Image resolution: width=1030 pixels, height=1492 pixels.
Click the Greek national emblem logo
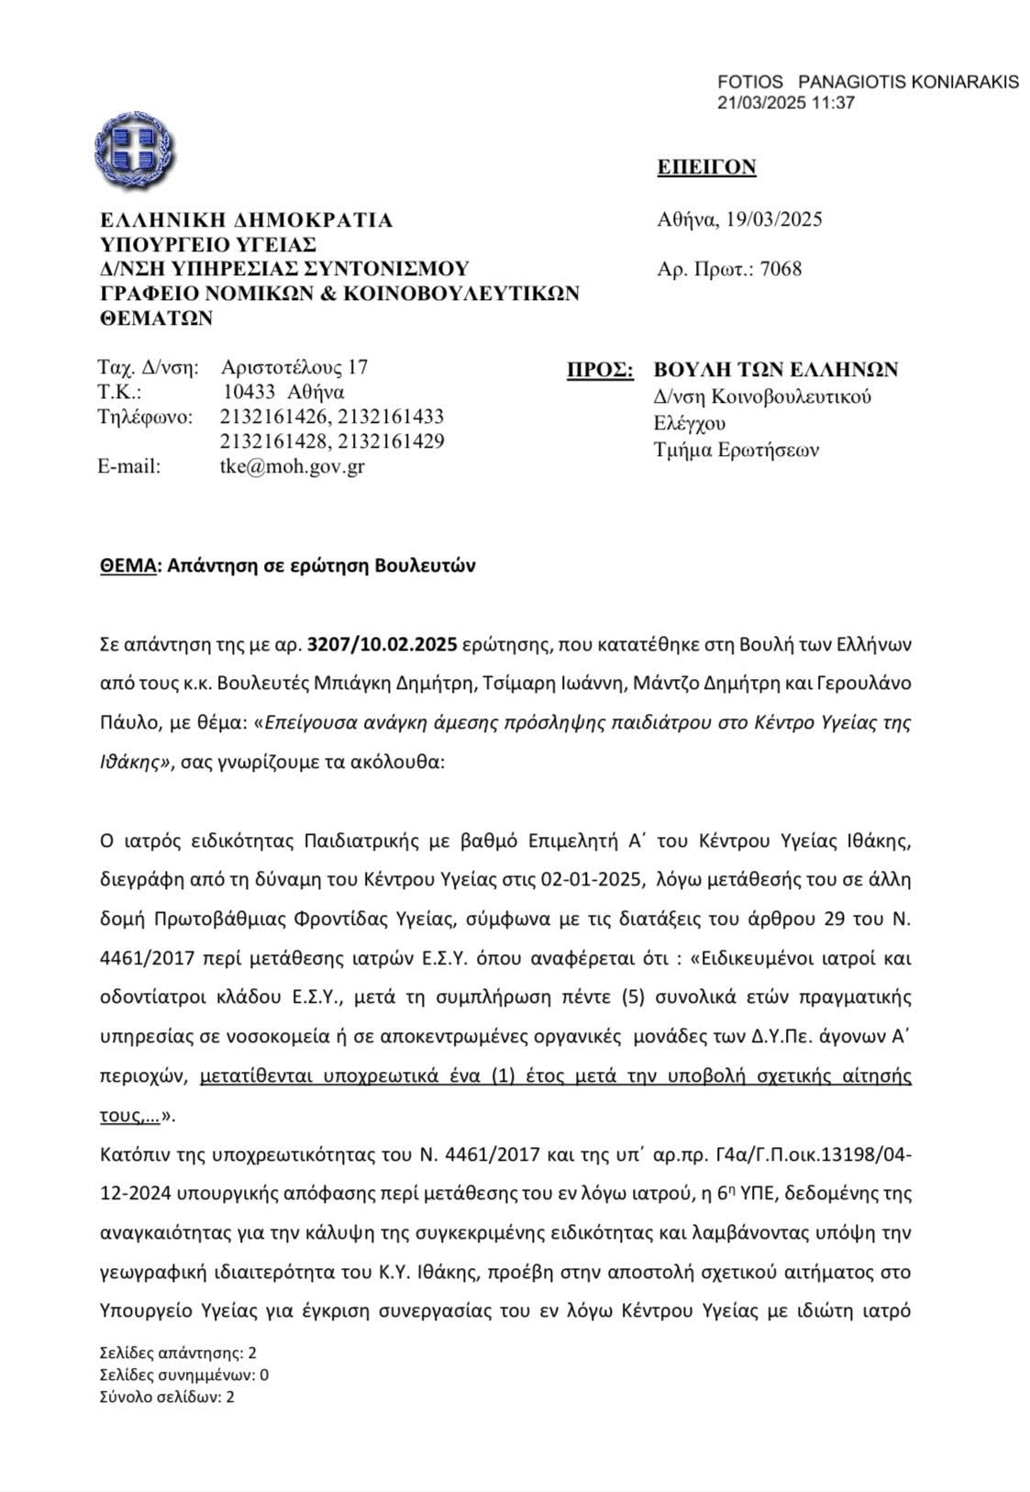[x=134, y=146]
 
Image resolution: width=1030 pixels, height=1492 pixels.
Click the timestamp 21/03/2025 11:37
[x=785, y=102]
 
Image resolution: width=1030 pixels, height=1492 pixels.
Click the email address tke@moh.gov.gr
[x=286, y=466]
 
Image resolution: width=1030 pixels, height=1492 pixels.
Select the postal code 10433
[x=249, y=392]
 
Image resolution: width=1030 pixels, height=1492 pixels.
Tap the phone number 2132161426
[x=274, y=417]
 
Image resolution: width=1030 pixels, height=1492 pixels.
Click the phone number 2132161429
[x=391, y=441]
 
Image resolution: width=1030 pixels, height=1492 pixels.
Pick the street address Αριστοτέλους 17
[x=294, y=367]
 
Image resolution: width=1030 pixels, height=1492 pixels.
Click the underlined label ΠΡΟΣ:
[x=600, y=370]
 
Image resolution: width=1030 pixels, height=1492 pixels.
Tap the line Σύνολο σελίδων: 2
[x=167, y=1397]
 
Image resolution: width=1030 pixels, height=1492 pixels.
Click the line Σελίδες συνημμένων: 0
[x=183, y=1375]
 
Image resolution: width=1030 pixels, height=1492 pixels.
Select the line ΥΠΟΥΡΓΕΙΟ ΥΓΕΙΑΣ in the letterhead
[x=208, y=244]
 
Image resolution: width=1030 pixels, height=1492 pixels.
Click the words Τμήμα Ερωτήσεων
[x=737, y=450]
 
